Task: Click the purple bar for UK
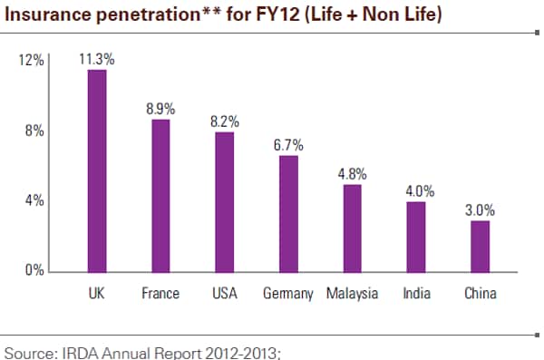(97, 170)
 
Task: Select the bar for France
(160, 195)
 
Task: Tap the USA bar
(224, 201)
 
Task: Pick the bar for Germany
(287, 213)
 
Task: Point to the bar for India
(415, 236)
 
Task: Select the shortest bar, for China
(479, 245)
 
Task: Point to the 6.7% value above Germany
(288, 145)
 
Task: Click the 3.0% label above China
(480, 209)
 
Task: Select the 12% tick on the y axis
(32, 61)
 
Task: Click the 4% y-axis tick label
(34, 200)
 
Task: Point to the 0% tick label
(34, 270)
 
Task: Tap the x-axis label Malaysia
(352, 294)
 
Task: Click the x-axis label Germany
(287, 294)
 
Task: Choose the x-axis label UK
(97, 294)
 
